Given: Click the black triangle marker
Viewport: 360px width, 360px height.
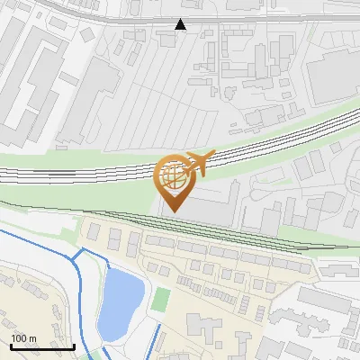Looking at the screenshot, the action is (181, 24).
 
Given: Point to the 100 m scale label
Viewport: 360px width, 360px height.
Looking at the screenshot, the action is (22, 338).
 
